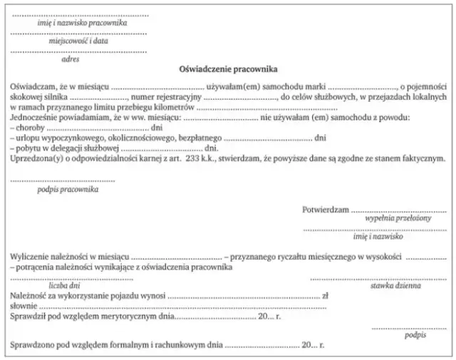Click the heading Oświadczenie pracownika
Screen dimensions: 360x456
click(228, 70)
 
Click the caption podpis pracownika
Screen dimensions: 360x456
click(68, 190)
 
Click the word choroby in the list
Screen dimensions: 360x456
click(31, 127)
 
